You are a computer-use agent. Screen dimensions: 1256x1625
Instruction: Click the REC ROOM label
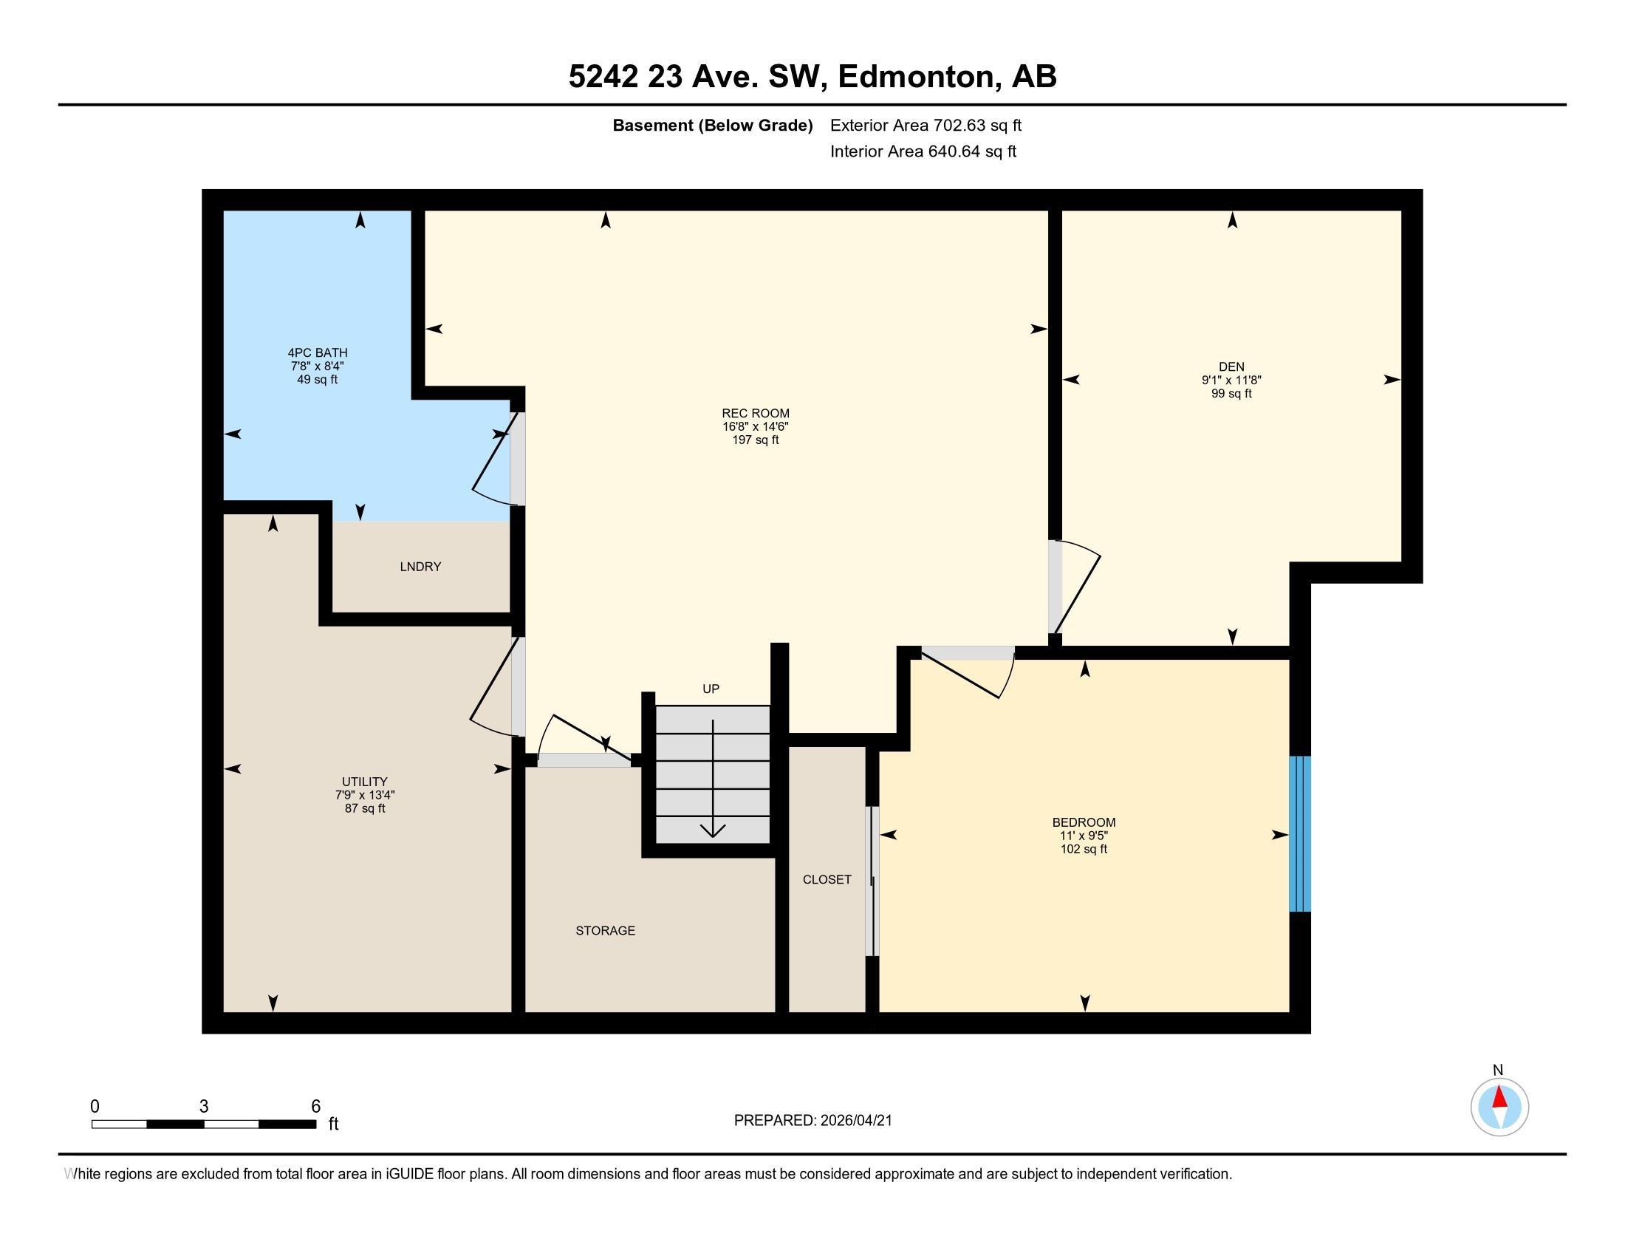click(x=755, y=413)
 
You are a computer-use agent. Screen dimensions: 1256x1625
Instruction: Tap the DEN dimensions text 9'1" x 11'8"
click(x=1231, y=380)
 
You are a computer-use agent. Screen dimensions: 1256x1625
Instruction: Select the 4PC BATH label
click(x=318, y=352)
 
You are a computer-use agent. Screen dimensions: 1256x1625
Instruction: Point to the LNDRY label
click(x=420, y=567)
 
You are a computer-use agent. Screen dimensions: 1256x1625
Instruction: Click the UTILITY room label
click(x=365, y=781)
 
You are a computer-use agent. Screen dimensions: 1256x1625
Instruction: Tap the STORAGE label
click(x=605, y=930)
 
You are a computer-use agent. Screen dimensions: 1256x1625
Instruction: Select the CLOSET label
click(x=827, y=879)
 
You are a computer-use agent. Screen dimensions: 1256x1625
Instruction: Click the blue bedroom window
click(x=1299, y=833)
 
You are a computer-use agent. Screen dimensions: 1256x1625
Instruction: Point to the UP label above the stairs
click(x=711, y=689)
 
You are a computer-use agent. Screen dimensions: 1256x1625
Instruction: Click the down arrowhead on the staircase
click(x=713, y=830)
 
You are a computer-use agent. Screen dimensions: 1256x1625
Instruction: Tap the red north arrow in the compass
click(x=1499, y=1098)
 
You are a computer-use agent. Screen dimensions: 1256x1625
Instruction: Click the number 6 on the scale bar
click(x=315, y=1107)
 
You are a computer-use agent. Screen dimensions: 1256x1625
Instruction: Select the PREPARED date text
click(x=812, y=1121)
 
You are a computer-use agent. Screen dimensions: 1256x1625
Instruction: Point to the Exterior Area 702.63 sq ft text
click(x=926, y=125)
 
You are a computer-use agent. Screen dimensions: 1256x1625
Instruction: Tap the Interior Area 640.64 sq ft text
click(x=923, y=151)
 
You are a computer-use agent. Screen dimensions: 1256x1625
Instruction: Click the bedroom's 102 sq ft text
click(x=1084, y=849)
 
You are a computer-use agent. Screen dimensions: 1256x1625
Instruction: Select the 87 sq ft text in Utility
click(x=365, y=808)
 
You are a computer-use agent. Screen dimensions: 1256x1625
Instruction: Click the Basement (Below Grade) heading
click(x=712, y=125)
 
